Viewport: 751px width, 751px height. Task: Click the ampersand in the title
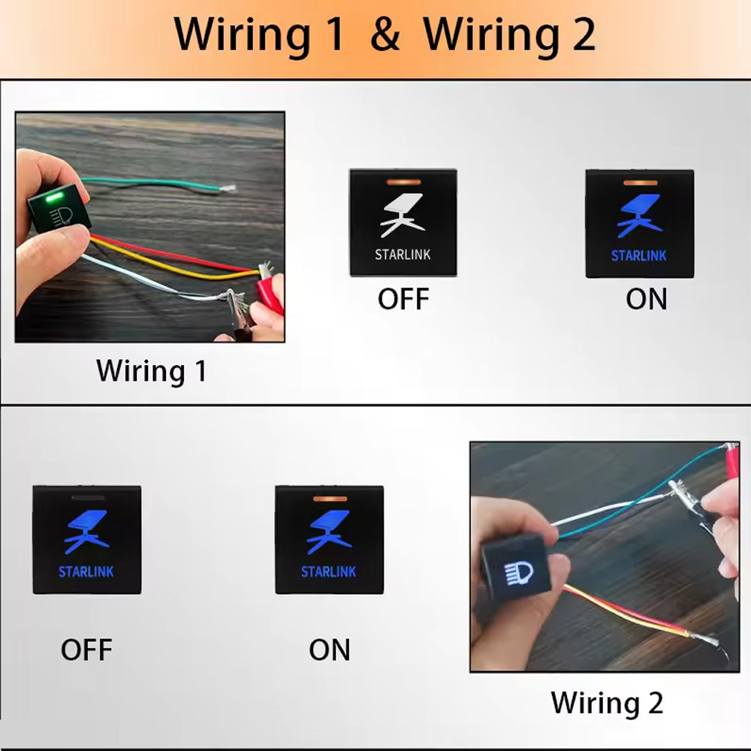385,35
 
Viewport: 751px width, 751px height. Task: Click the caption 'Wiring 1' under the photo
151,371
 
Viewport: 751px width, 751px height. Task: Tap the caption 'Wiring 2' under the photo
607,703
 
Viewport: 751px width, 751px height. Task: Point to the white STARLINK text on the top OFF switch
403,255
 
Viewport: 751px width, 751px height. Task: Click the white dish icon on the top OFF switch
403,214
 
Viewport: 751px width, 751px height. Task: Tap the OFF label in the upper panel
403,299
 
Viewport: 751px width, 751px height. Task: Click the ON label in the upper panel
646,299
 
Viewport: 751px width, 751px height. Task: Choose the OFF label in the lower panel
87,650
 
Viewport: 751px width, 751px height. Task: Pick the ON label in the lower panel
329,650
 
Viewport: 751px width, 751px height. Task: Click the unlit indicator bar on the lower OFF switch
86,496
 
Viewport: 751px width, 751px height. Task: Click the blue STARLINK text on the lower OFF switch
86,572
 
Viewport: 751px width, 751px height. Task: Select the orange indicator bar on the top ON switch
639,182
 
